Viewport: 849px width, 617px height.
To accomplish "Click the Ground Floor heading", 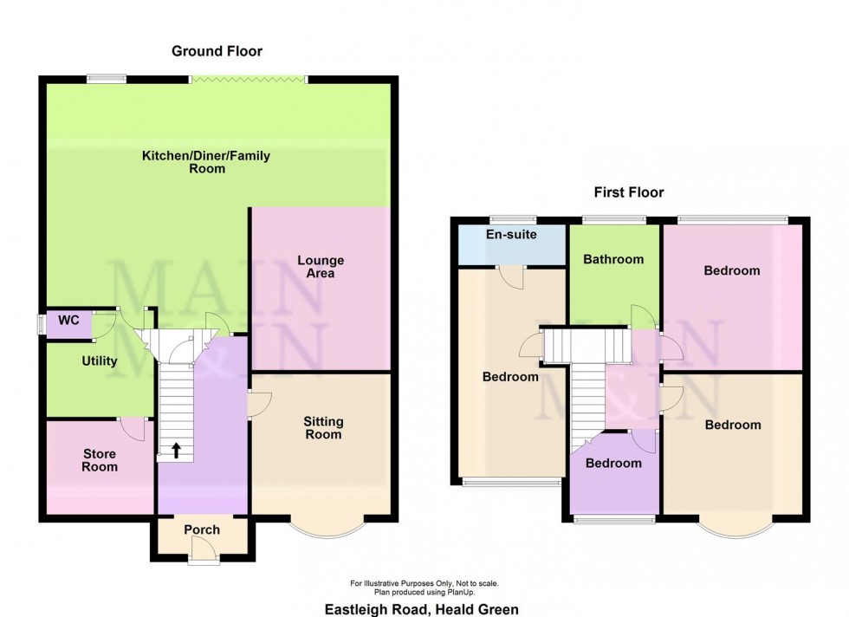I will click(217, 51).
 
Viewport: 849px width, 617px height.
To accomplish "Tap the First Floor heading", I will click(628, 192).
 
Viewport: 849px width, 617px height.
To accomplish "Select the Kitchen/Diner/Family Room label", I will click(207, 162).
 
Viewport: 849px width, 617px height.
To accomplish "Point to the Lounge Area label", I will click(321, 267).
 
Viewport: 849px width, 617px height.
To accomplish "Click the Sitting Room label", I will click(322, 428).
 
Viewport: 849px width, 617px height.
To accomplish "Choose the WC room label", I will click(68, 321).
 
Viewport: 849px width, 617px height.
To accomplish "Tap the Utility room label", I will click(100, 361).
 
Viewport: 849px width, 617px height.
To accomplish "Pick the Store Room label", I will click(99, 460).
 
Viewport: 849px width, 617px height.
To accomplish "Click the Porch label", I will click(202, 529).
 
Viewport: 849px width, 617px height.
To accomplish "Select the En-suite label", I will click(511, 235).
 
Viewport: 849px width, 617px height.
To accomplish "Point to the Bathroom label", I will click(613, 259).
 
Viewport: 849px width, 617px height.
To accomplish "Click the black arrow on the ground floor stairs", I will click(176, 449).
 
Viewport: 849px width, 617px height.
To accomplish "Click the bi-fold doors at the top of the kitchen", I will click(249, 80).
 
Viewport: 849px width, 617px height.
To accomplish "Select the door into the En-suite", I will click(512, 276).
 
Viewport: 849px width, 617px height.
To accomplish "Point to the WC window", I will click(41, 324).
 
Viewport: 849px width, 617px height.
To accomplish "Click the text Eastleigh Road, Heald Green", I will click(422, 609).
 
